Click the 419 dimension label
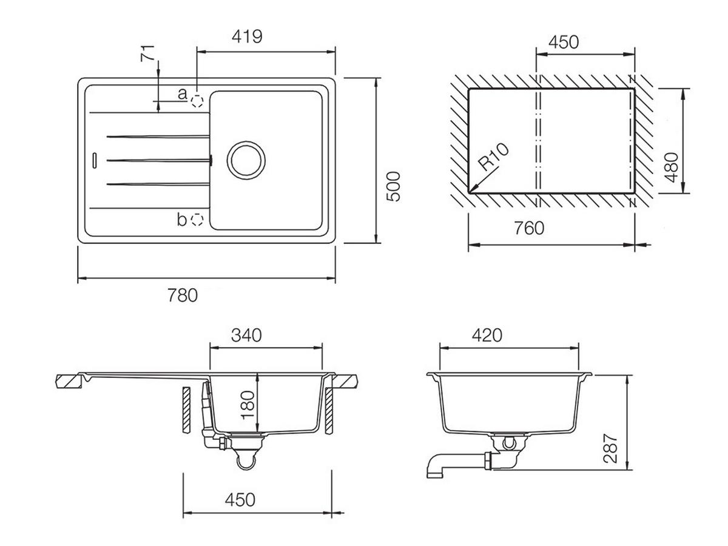(x=248, y=36)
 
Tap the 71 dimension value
(x=147, y=53)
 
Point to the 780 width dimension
(x=183, y=295)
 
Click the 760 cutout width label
(x=528, y=228)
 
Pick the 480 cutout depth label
(x=670, y=167)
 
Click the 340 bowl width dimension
(x=246, y=335)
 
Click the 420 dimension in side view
(x=487, y=335)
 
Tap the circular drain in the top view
(x=246, y=160)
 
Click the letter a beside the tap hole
(x=182, y=93)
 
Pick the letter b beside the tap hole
(x=181, y=220)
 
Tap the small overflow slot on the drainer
(x=94, y=160)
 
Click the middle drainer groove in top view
(x=158, y=160)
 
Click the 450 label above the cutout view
(x=564, y=42)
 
